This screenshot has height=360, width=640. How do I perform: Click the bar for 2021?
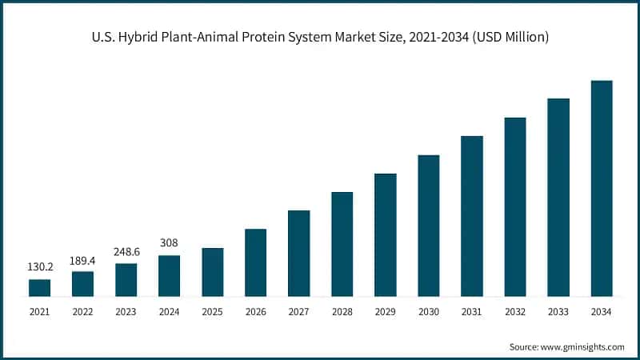point(39,288)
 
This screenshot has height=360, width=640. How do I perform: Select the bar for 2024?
point(169,276)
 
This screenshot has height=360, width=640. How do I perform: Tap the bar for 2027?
point(298,254)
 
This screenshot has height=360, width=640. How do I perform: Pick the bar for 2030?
point(429,226)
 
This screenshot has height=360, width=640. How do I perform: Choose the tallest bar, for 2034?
point(602,189)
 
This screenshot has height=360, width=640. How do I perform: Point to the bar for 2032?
point(515,207)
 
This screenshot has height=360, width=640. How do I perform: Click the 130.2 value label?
point(39,267)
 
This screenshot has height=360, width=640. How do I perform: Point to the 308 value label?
point(169,243)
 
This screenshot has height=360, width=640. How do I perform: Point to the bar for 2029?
point(386,235)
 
